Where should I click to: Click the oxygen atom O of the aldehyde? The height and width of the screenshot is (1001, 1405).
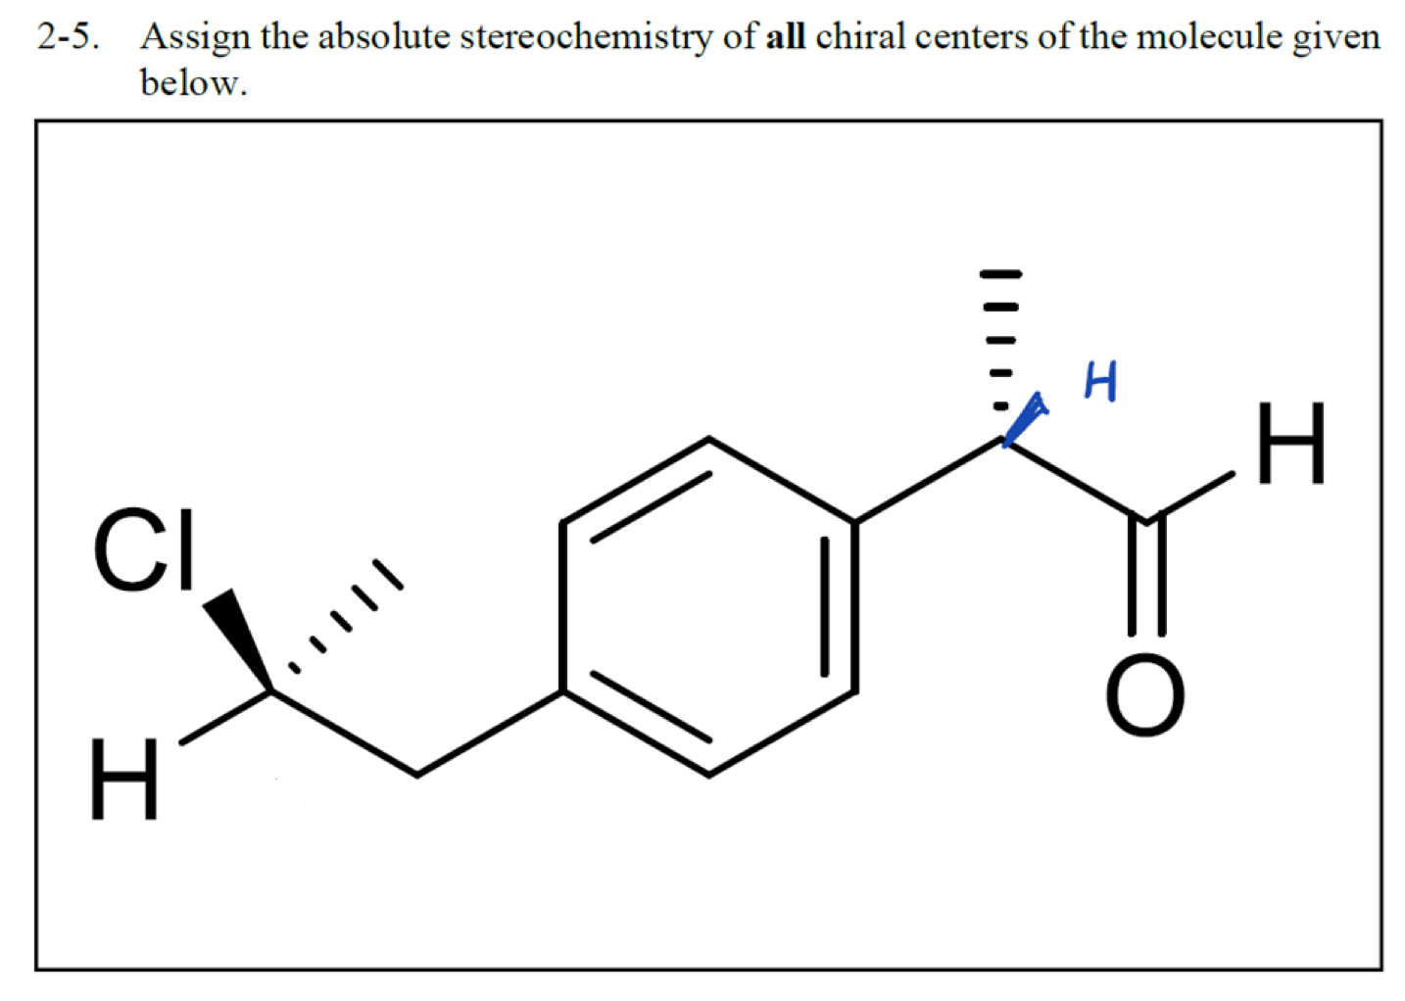[x=1144, y=696]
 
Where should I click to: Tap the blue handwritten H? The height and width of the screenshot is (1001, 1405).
[x=1100, y=381]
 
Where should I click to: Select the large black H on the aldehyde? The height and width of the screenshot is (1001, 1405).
[x=1291, y=444]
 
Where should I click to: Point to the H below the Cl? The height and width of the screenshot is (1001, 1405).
[x=123, y=780]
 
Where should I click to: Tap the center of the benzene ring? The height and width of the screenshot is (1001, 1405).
[x=708, y=607]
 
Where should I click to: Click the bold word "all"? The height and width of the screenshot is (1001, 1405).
[x=785, y=37]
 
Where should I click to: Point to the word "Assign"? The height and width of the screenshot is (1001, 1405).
[x=196, y=37]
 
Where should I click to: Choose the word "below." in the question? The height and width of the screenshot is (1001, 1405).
[x=193, y=82]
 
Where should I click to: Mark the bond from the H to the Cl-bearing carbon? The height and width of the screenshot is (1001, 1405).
[x=225, y=718]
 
